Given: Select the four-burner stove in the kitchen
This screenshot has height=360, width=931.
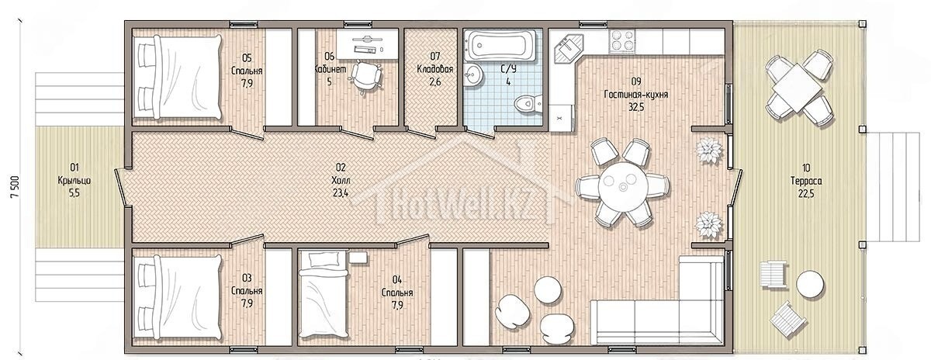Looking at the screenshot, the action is pyautogui.click(x=622, y=41).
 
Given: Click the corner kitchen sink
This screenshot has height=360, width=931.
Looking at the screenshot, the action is pyautogui.click(x=568, y=48).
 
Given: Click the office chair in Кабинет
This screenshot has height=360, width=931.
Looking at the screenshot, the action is pyautogui.click(x=365, y=76).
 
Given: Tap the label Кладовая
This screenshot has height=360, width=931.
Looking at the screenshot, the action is pyautogui.click(x=434, y=69).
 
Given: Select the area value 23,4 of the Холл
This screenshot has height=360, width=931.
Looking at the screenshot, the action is pyautogui.click(x=341, y=193).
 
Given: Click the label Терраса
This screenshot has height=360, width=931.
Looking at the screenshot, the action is pyautogui.click(x=806, y=182).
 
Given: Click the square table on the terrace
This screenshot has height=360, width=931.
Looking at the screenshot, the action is pyautogui.click(x=799, y=88).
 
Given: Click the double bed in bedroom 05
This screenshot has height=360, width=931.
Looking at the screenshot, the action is pyautogui.click(x=177, y=78).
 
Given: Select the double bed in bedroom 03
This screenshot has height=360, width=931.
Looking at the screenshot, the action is pyautogui.click(x=177, y=298).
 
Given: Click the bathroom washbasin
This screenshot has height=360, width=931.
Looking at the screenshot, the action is pyautogui.click(x=473, y=76).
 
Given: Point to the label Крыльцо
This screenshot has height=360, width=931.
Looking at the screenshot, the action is pyautogui.click(x=74, y=181).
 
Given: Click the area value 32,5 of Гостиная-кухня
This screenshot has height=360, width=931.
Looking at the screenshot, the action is pyautogui.click(x=636, y=107).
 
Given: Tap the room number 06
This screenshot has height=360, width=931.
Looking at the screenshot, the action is pyautogui.click(x=329, y=56).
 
